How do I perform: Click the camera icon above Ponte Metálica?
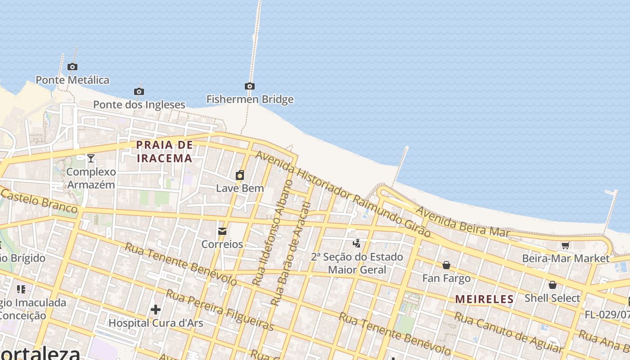[72, 67]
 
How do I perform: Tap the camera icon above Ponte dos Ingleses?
[139, 92]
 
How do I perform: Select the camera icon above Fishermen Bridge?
[250, 86]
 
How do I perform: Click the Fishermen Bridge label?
[250, 99]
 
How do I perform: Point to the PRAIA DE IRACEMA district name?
[165, 152]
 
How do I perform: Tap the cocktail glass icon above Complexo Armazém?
[91, 158]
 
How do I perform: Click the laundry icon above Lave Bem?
[240, 175]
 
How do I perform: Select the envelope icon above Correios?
[222, 231]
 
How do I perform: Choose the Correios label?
[222, 244]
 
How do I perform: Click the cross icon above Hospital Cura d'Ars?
[156, 310]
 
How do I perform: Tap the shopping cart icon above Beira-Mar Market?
[565, 245]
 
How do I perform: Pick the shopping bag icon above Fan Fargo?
[446, 265]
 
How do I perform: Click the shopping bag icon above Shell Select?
[552, 285]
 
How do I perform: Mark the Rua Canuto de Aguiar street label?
[508, 332]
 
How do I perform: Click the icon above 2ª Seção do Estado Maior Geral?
[357, 243]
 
